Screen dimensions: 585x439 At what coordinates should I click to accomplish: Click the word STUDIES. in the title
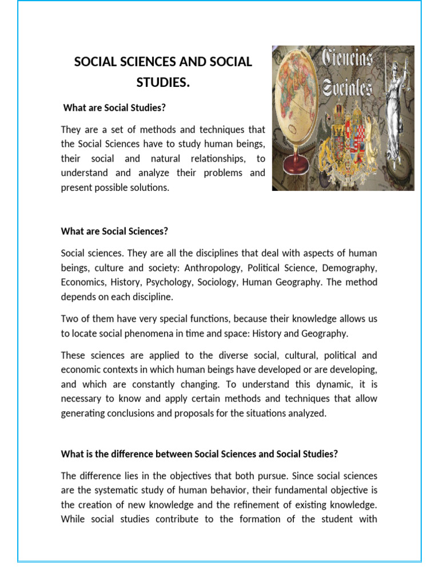163,83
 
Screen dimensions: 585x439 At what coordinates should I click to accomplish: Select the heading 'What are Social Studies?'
114,107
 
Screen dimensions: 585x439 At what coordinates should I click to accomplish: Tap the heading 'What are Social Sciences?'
115,231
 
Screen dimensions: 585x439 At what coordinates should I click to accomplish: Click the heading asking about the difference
199,454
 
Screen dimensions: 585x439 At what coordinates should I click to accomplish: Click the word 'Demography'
349,267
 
